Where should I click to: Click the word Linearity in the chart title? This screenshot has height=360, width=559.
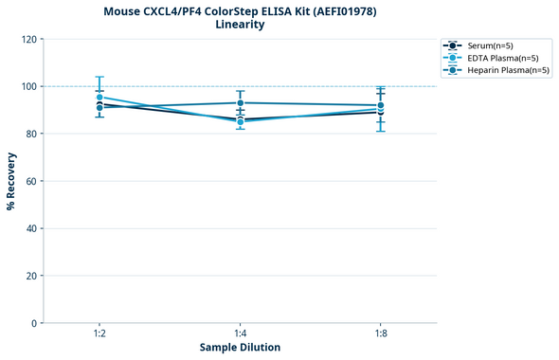(x=240, y=25)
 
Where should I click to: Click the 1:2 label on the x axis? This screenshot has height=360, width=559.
(x=99, y=334)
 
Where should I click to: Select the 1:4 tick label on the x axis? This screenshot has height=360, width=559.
(x=240, y=334)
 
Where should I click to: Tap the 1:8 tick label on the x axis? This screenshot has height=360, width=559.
(x=380, y=334)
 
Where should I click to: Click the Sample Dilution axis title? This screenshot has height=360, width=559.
(x=240, y=348)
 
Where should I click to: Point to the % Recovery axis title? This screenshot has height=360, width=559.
(x=11, y=181)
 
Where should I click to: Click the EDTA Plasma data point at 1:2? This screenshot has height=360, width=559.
(x=99, y=98)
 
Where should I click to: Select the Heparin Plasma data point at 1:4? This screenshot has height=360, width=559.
(x=240, y=102)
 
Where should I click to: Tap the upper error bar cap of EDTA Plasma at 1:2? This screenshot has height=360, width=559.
(x=99, y=77)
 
